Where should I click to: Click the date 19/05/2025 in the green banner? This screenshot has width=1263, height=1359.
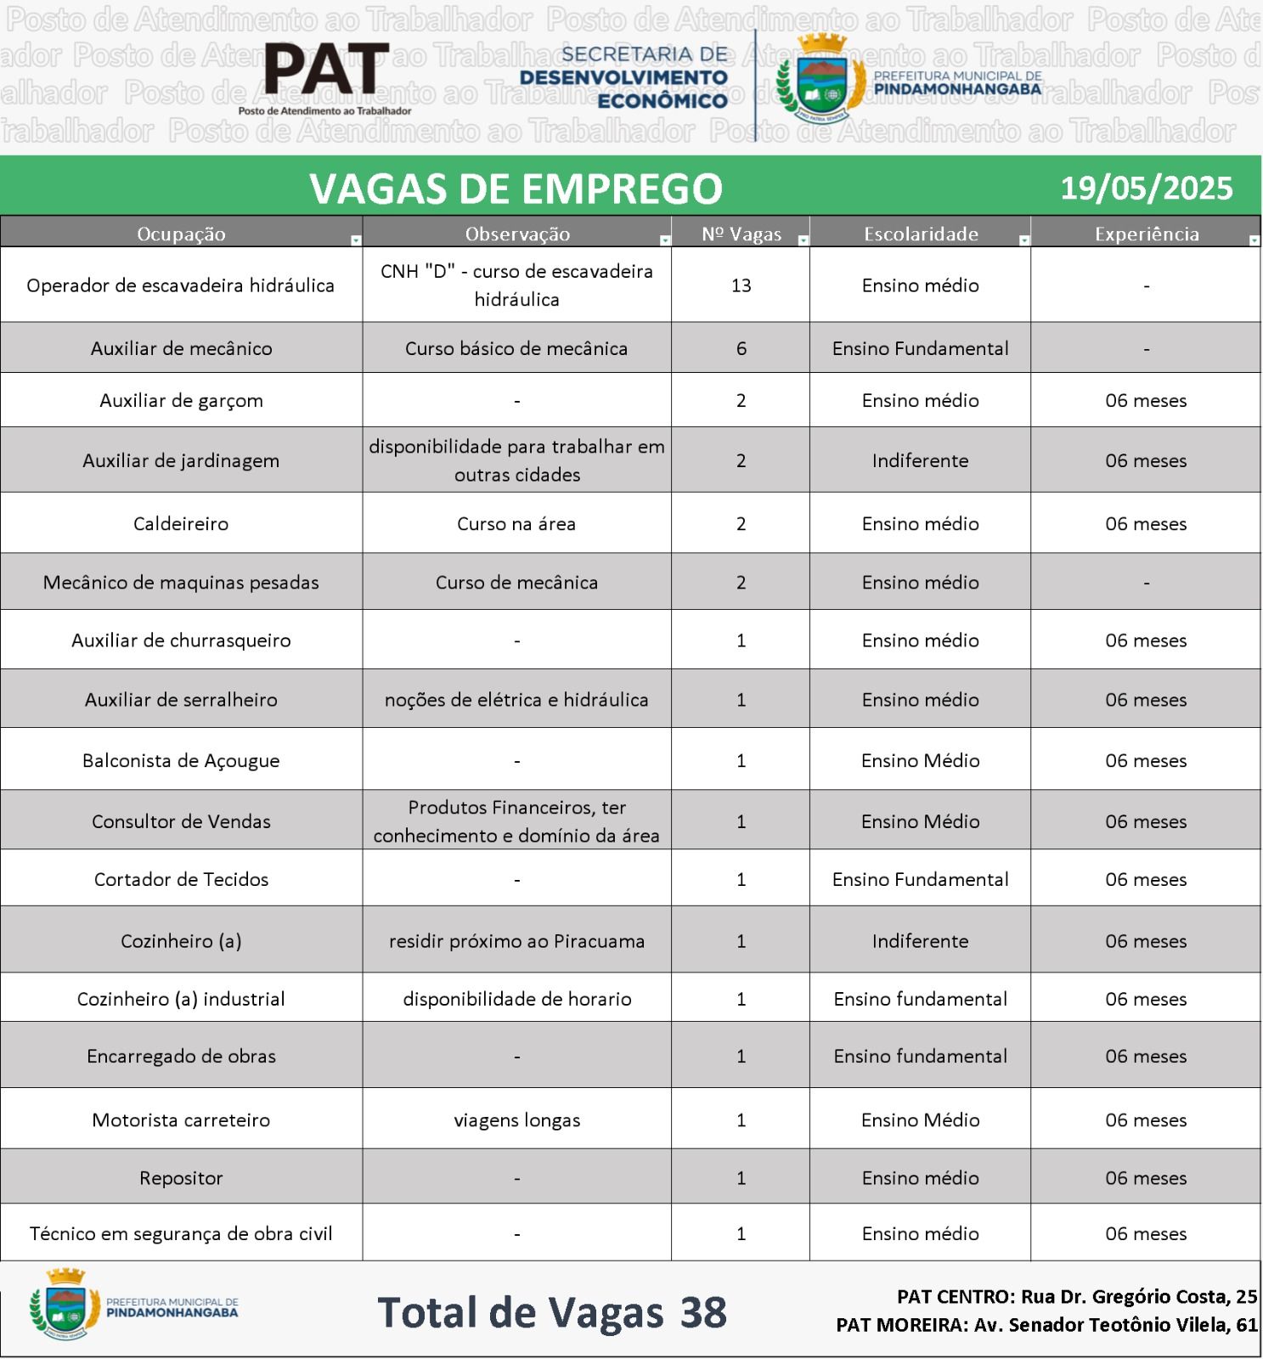tap(1146, 188)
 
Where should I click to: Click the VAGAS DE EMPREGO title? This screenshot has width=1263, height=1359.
tap(516, 188)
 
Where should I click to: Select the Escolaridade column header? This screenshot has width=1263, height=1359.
tap(921, 234)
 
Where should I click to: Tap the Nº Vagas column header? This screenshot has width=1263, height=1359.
tap(741, 234)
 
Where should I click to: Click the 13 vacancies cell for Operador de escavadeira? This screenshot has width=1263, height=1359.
tap(741, 285)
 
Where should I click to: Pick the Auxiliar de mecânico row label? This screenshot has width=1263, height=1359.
tap(181, 348)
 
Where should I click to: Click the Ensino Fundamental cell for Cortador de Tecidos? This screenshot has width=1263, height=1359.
tap(920, 879)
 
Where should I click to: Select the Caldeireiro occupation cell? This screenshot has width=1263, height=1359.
tap(181, 523)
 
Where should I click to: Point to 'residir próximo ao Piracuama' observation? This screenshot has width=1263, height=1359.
tap(516, 941)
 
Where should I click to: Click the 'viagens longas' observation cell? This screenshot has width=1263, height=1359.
tap(516, 1120)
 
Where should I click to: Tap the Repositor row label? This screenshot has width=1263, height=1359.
tap(181, 1178)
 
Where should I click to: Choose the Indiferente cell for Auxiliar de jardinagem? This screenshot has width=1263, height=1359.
tap(920, 460)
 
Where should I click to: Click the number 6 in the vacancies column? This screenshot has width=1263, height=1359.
tap(741, 348)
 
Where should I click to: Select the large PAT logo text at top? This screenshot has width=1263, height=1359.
tap(326, 71)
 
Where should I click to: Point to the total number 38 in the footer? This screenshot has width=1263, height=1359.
tap(703, 1312)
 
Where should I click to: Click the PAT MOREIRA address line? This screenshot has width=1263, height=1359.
tap(1046, 1324)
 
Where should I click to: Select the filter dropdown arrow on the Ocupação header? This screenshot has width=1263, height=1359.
tap(356, 241)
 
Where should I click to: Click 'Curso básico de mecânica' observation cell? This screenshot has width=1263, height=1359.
tap(516, 348)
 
